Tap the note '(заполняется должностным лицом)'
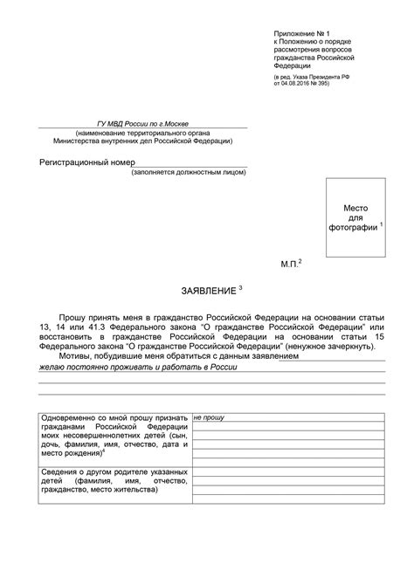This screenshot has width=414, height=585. pyautogui.click(x=190, y=172)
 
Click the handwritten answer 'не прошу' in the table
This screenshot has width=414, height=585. pyautogui.click(x=210, y=419)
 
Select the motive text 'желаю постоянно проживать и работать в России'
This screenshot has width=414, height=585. pyautogui.click(x=139, y=368)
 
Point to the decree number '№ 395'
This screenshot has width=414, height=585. pyautogui.click(x=335, y=84)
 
